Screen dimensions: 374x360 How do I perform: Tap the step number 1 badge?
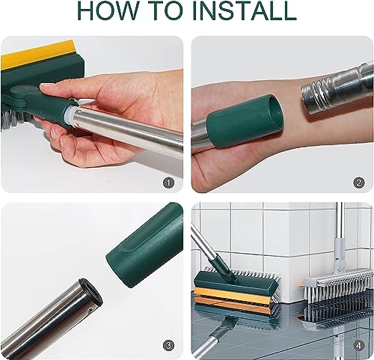(x=169, y=183)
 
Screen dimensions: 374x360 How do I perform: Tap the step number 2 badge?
(x=359, y=183)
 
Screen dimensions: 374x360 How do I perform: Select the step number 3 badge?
(x=169, y=346)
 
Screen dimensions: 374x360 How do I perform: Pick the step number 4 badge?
(x=359, y=346)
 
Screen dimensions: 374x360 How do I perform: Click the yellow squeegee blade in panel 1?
(x=37, y=54)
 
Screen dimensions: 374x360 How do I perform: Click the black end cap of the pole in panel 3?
(x=91, y=293)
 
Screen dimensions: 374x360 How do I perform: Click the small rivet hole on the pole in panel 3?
(x=91, y=310)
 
